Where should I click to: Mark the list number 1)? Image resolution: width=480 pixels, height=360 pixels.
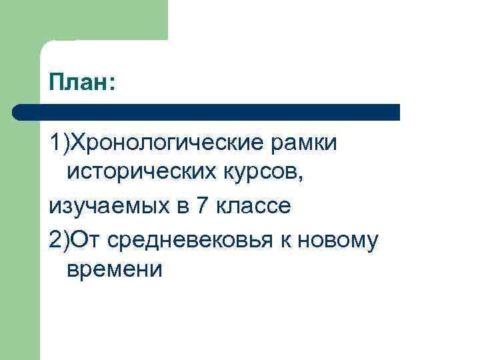(x=59, y=143)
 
